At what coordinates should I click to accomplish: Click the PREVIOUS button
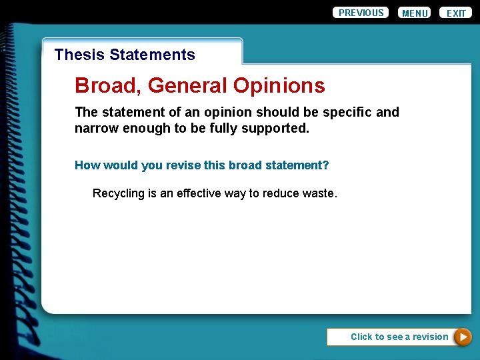361,13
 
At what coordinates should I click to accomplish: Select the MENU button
415,13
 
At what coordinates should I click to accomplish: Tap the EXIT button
456,13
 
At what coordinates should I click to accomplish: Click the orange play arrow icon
463,337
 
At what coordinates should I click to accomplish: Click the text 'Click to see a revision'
399,337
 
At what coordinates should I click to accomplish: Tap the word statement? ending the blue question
298,165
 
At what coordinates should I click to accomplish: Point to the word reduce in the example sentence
281,193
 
